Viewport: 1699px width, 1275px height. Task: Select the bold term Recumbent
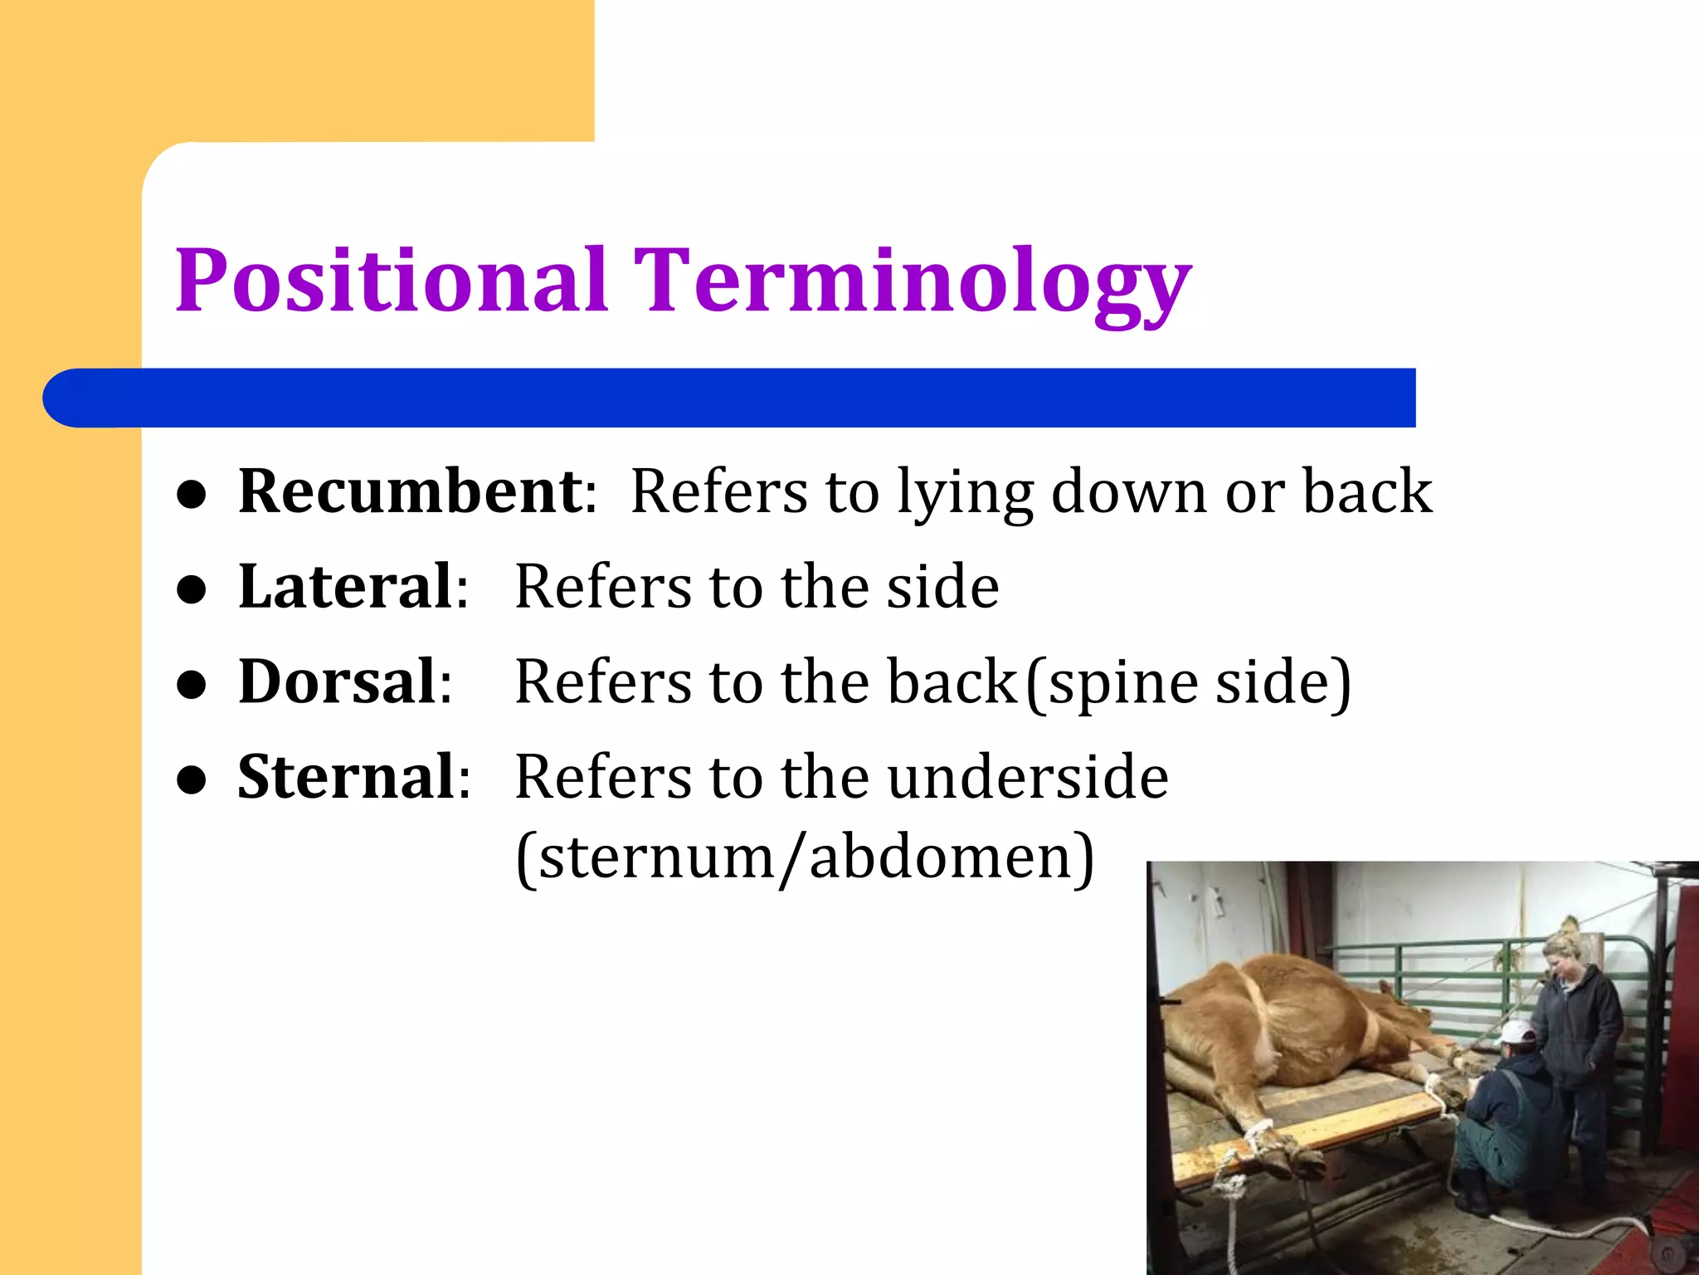click(x=411, y=491)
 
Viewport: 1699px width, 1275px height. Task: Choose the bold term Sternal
click(x=346, y=777)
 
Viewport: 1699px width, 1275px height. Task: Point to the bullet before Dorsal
click(x=192, y=685)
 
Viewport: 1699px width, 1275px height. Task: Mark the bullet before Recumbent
click(x=192, y=496)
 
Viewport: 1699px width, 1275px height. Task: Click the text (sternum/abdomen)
click(x=805, y=857)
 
